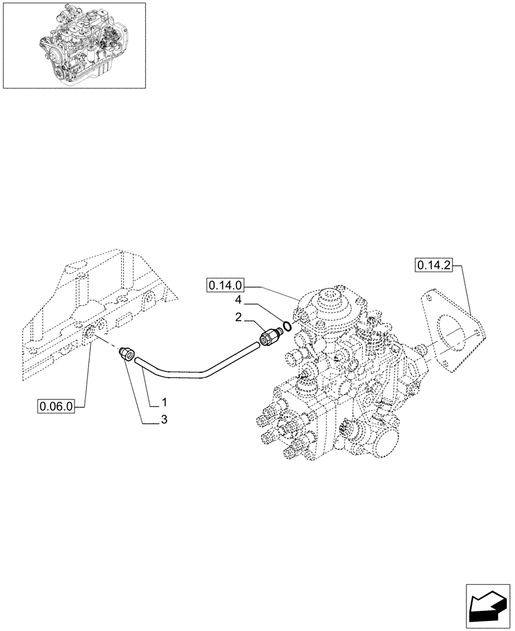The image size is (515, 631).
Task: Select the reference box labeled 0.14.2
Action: [434, 265]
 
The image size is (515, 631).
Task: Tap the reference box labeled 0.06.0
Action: [56, 407]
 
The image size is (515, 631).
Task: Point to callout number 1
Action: [163, 402]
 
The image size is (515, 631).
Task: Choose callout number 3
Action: [163, 420]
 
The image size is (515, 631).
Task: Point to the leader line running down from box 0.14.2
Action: [468, 290]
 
